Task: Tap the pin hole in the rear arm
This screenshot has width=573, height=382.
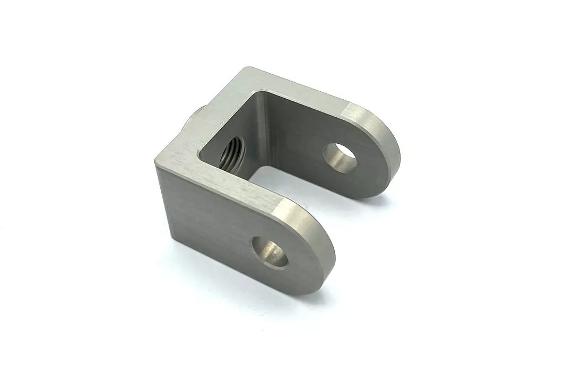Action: click(x=340, y=158)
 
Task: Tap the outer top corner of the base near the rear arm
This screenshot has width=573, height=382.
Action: click(x=245, y=70)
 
